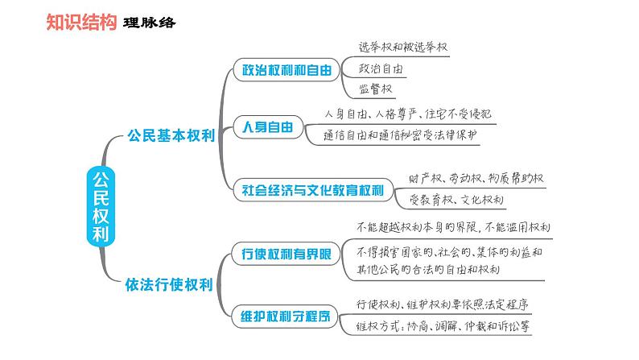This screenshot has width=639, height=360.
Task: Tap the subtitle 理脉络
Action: [150, 23]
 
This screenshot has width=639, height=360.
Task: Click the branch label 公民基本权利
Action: [171, 136]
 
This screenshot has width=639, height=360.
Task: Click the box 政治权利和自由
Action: [282, 70]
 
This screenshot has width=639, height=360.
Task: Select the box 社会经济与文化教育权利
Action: [313, 191]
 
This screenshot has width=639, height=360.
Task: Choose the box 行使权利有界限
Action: [282, 254]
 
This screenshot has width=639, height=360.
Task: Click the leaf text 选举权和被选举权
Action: [401, 48]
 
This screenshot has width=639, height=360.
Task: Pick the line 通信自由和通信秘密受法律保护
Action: [402, 135]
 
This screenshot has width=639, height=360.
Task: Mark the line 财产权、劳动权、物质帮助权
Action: [465, 177]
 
